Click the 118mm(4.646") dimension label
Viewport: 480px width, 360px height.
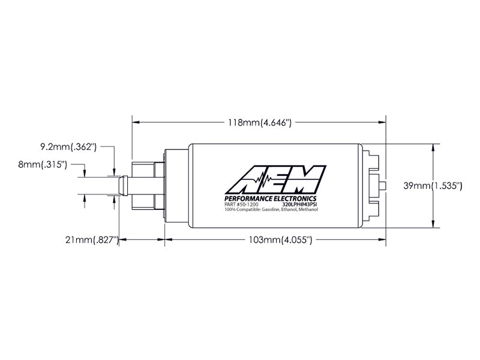tap(259, 122)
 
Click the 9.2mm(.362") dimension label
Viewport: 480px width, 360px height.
tap(68, 146)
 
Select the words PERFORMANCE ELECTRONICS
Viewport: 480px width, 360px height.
tap(270, 199)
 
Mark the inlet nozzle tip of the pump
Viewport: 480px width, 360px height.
tap(123, 185)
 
